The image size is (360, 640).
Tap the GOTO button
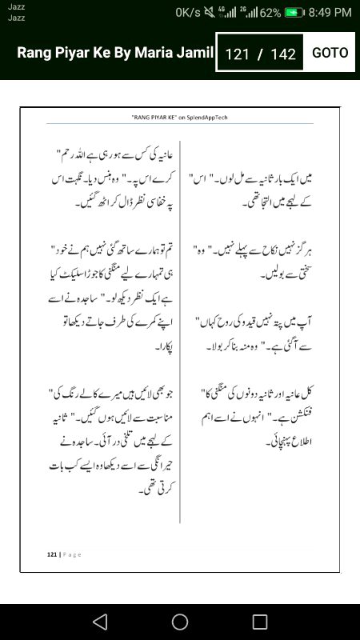[x=330, y=53]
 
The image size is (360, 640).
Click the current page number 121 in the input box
[x=238, y=54]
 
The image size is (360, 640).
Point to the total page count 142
[x=283, y=54]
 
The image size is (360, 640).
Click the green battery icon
[x=295, y=13]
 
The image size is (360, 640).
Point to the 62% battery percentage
[x=270, y=13]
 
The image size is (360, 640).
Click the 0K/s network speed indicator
[x=188, y=13]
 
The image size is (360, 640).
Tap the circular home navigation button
[x=180, y=622]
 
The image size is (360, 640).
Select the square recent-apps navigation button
[x=260, y=622]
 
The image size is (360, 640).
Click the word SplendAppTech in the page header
[x=206, y=117]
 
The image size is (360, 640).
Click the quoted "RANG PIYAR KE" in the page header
[x=153, y=117]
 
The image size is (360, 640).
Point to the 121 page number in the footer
[x=51, y=554]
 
